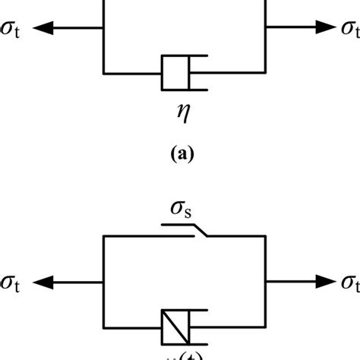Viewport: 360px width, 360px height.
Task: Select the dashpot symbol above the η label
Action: point(183,73)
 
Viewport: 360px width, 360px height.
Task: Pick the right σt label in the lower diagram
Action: point(347,283)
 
